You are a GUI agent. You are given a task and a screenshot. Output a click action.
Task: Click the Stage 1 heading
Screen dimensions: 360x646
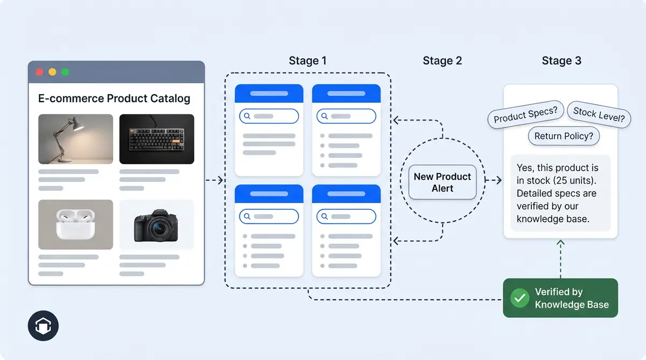307,61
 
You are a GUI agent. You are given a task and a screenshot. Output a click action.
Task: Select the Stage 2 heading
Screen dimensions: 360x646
442,61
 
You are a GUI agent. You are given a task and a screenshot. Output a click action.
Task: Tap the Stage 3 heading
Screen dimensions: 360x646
561,61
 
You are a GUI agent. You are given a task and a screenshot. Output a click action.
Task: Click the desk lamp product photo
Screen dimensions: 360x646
75,139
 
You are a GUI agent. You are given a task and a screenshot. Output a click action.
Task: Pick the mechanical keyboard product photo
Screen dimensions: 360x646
156,139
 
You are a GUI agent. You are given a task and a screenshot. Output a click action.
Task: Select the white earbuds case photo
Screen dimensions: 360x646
75,224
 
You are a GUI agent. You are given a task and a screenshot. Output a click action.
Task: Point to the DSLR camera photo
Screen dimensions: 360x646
156,224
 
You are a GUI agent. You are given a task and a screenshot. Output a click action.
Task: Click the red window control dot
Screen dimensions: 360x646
39,72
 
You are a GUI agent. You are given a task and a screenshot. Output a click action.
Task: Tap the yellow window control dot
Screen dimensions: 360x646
52,72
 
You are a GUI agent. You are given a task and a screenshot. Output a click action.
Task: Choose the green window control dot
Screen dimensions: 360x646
65,72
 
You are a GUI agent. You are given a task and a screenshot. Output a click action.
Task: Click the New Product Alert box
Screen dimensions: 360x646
442,182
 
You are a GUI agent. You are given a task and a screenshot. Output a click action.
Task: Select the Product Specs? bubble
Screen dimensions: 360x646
525,114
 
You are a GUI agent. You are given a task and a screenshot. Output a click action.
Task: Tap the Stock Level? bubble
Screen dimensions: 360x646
599,115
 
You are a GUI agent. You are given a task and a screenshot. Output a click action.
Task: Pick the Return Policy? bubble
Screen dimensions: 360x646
563,136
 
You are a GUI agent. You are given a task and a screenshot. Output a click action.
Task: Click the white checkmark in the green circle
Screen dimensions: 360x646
519,298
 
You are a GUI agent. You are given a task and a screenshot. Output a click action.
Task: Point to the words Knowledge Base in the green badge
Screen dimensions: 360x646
571,305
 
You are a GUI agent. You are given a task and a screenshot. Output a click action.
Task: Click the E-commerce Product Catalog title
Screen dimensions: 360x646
114,98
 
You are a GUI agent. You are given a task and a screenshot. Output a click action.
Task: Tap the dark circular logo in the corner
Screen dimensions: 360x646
43,326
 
